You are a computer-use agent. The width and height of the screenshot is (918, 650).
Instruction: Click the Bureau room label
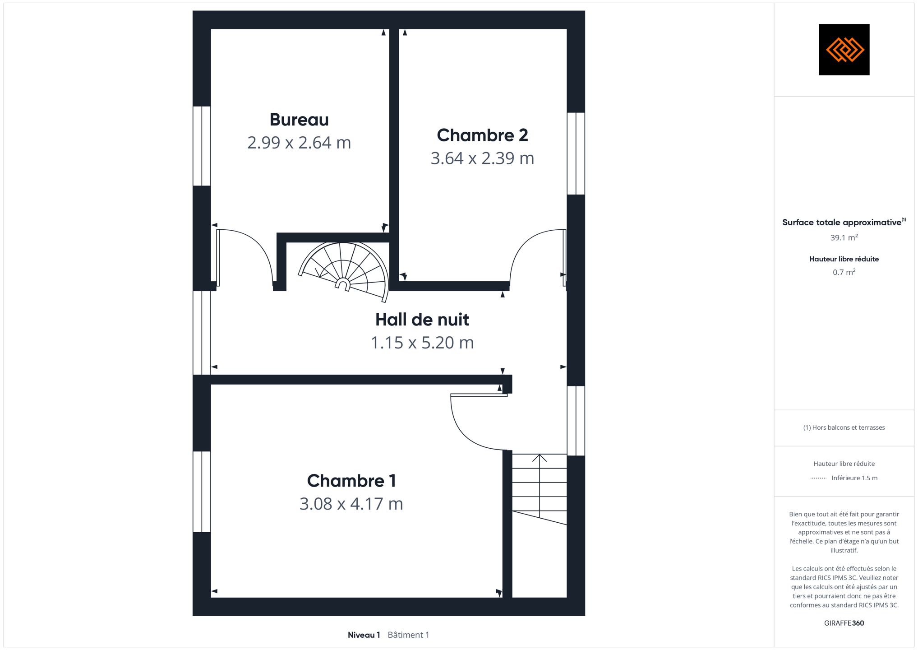299,120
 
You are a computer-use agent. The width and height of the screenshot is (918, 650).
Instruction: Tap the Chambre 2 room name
482,135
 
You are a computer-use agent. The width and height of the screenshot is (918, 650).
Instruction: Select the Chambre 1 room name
351,481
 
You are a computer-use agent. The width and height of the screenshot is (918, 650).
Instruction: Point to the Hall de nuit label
422,320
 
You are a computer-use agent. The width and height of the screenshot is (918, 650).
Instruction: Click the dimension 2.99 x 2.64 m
299,143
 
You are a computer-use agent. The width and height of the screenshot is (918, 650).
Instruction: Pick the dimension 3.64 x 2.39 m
482,158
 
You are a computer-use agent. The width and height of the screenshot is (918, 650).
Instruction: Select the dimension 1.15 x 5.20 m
422,343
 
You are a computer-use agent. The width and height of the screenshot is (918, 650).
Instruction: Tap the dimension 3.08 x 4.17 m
351,504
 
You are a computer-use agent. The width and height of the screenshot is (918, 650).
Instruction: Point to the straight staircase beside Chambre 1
540,489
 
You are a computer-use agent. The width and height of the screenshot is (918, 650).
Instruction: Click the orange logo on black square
844,50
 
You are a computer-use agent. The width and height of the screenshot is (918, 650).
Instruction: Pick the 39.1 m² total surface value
844,237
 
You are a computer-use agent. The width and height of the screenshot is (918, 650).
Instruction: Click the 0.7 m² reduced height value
844,272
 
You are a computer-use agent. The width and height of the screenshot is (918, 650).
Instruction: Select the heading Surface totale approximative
842,223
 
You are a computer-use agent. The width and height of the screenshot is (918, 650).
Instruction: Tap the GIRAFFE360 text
844,623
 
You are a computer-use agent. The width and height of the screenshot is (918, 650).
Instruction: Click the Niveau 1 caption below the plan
364,635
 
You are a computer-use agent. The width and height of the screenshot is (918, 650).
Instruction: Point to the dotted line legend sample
818,478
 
